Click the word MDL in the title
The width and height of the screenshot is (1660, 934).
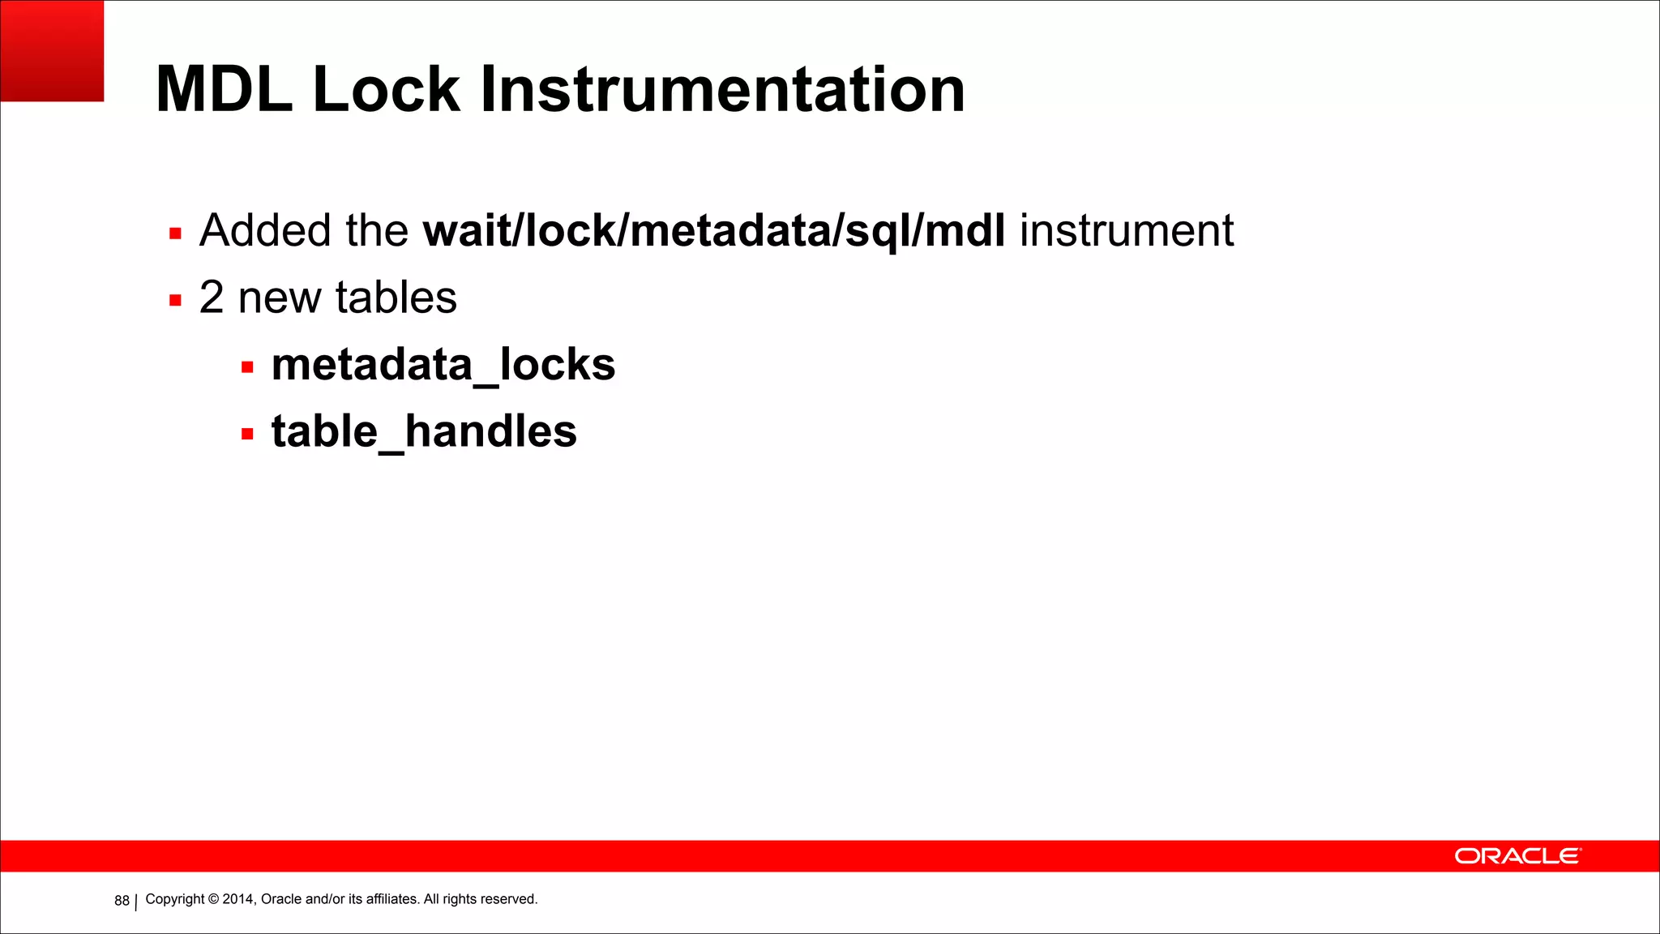click(224, 89)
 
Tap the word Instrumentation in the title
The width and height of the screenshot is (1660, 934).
click(722, 89)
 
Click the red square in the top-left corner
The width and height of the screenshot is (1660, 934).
click(52, 50)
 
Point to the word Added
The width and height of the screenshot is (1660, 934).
click(264, 230)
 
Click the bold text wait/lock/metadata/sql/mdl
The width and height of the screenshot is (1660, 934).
click(714, 231)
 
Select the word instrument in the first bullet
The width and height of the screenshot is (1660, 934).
click(1127, 230)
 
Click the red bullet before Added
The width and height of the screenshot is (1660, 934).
click(175, 234)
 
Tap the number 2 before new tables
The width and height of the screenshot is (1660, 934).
click(212, 298)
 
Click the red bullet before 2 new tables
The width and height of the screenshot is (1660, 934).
click(175, 301)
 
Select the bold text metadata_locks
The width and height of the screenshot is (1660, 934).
click(443, 365)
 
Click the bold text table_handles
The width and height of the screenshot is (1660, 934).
click(424, 431)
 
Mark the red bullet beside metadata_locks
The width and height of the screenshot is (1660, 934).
click(247, 368)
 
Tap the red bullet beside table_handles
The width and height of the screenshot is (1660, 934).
click(247, 435)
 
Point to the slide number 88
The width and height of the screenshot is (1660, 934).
click(122, 901)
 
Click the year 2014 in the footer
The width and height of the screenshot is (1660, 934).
click(238, 899)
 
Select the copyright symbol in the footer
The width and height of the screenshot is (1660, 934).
click(214, 899)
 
